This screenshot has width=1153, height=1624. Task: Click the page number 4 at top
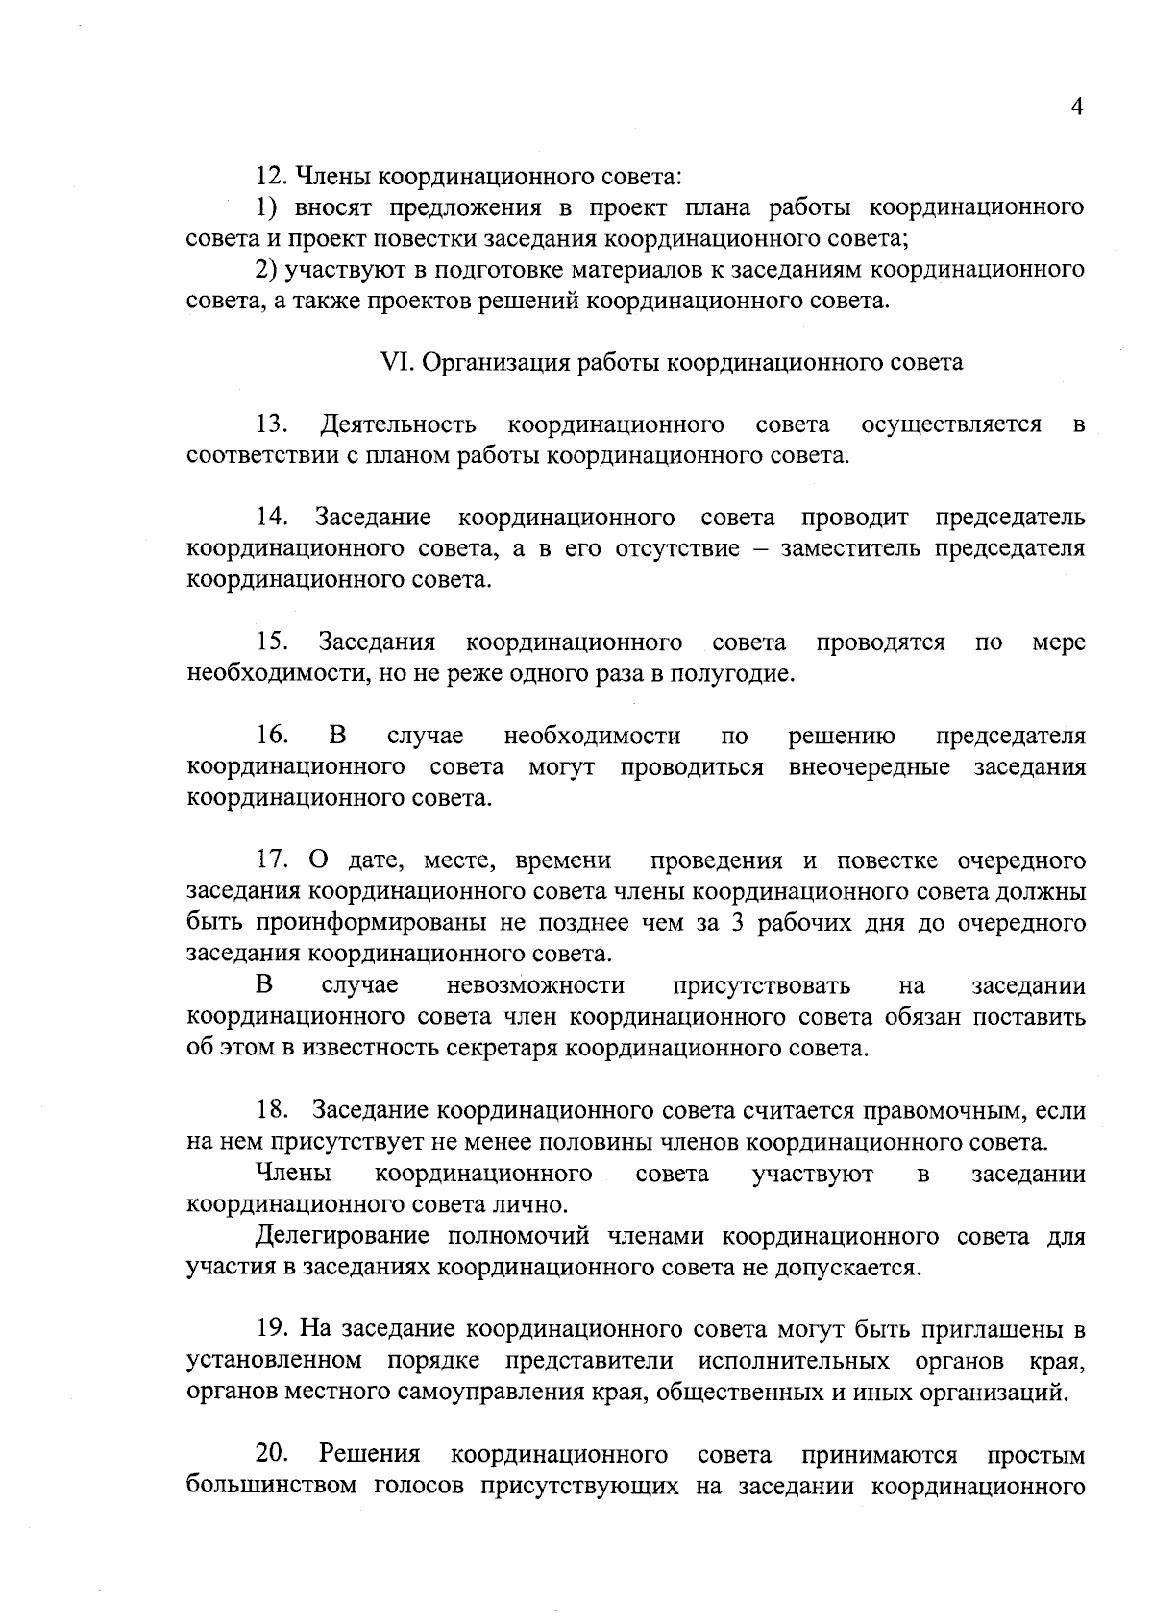1077,107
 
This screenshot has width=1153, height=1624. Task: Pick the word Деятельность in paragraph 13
399,424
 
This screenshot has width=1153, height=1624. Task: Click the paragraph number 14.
273,518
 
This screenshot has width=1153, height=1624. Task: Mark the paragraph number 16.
273,737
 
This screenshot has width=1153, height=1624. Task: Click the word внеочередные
869,767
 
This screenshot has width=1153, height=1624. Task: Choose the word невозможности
535,986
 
